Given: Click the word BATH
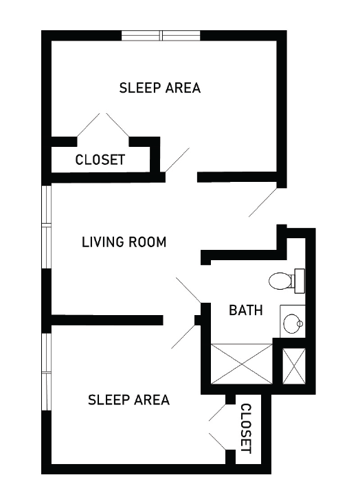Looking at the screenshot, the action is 246,310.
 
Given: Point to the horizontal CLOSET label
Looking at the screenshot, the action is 100,160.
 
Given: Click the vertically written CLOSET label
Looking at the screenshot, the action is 246,428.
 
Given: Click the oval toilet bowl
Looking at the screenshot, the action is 280,281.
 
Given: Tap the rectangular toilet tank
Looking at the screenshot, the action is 300,281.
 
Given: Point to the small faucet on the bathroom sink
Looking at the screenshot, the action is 300,323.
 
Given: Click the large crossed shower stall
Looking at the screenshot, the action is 242,364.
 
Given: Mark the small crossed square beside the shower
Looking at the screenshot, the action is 294,366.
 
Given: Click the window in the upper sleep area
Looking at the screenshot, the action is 161,36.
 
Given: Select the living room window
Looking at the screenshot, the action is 47,227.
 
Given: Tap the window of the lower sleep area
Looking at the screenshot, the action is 47,372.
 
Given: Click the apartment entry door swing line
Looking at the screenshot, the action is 263,203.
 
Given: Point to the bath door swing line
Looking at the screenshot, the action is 188,290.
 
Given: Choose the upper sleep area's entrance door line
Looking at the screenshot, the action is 177,160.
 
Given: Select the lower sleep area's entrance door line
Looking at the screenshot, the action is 183,336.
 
